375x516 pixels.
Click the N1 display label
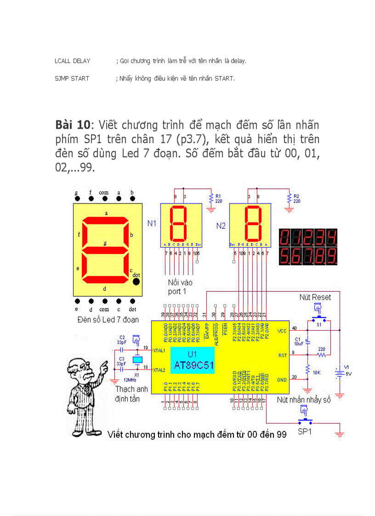[x=152, y=224]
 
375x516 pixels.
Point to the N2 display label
[x=221, y=226]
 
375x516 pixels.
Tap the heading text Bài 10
[x=72, y=125]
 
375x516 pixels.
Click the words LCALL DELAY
[x=73, y=61]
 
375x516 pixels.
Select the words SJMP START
[x=72, y=79]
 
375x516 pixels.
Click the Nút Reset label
[x=315, y=297]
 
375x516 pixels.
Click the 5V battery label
[x=348, y=373]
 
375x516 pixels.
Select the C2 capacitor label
[x=122, y=337]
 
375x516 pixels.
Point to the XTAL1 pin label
[x=160, y=351]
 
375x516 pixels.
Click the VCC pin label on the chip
[x=282, y=331]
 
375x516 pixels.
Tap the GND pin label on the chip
[x=282, y=380]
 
